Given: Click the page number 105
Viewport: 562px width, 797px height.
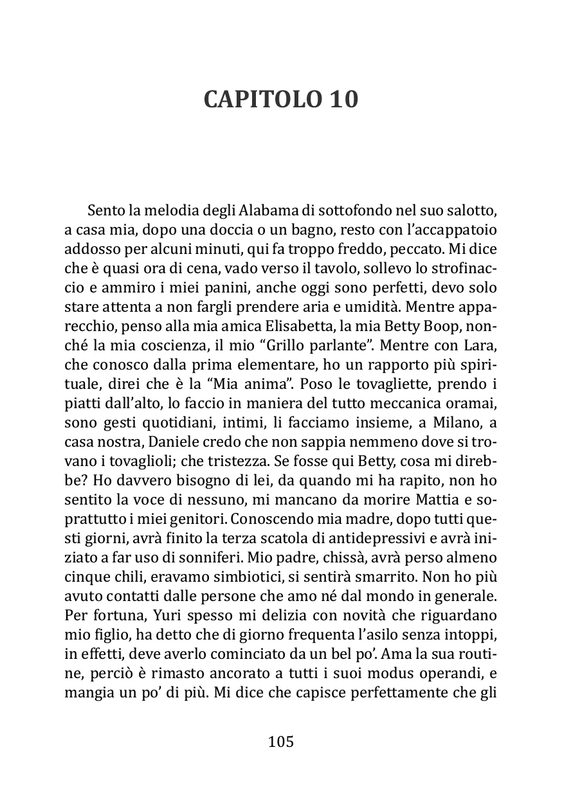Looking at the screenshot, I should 280,742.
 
